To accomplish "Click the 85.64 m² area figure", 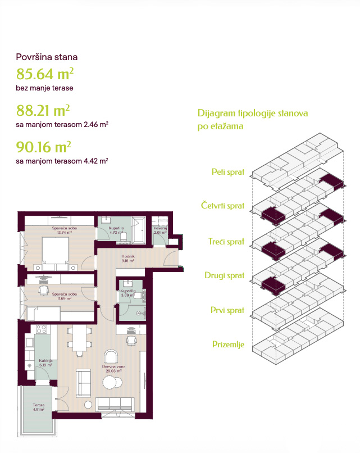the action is click(45, 74).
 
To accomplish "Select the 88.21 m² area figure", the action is click(43, 110).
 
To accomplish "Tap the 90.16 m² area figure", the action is click(44, 147).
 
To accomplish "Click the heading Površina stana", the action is click(47, 57).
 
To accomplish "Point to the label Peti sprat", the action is click(228, 172).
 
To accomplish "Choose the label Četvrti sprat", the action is click(222, 205).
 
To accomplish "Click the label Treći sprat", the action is click(226, 242).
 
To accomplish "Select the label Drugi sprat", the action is click(224, 275).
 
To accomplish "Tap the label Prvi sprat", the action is click(227, 310).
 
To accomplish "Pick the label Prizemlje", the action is click(228, 345).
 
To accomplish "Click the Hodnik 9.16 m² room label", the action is click(128, 259).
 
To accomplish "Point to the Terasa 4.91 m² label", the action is click(39, 407).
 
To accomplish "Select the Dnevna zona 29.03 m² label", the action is click(113, 369).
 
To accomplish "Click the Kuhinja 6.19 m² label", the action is click(45, 363).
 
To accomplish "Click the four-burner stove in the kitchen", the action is click(40, 329).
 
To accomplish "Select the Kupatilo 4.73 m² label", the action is click(116, 230).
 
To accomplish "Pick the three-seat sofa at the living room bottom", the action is click(115, 404).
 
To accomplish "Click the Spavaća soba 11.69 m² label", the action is click(65, 296).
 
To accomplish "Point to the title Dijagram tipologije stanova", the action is click(253, 113).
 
